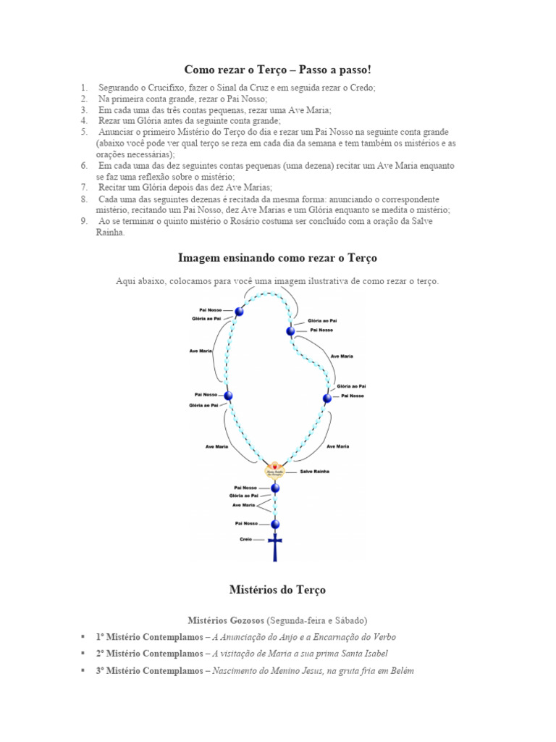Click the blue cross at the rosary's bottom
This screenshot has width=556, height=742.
pos(275,546)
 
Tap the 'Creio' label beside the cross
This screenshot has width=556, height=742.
pos(245,540)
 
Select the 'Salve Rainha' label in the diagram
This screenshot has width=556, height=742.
pos(313,471)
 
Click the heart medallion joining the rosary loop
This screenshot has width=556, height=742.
pos(275,470)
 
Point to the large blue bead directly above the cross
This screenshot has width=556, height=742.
pos(275,524)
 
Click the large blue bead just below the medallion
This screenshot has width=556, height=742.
pos(275,488)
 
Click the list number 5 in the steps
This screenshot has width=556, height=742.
pos(85,132)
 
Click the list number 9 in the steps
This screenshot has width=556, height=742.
pos(85,221)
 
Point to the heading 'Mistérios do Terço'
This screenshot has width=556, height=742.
pos(278,590)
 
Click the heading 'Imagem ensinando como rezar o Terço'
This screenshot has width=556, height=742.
pos(278,258)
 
